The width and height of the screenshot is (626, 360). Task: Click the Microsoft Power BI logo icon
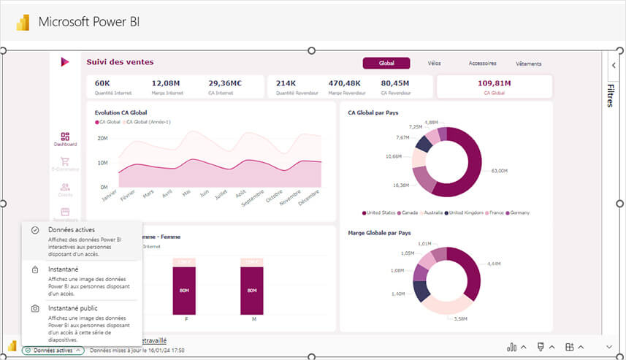[23, 22]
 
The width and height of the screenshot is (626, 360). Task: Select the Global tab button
[386, 64]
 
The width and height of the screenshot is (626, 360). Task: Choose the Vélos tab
[434, 64]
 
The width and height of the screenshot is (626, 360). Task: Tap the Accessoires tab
[482, 64]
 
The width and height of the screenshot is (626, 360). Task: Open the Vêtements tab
[528, 64]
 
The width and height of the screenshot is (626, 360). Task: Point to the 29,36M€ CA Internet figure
[225, 83]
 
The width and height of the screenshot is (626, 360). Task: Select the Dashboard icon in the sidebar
[65, 139]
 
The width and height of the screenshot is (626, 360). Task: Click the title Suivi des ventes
[120, 62]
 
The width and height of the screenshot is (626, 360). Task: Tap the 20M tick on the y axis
[102, 138]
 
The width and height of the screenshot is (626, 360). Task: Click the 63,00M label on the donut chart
[499, 170]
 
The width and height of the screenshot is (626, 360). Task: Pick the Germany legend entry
[519, 212]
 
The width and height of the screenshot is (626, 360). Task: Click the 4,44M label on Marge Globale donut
[494, 264]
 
